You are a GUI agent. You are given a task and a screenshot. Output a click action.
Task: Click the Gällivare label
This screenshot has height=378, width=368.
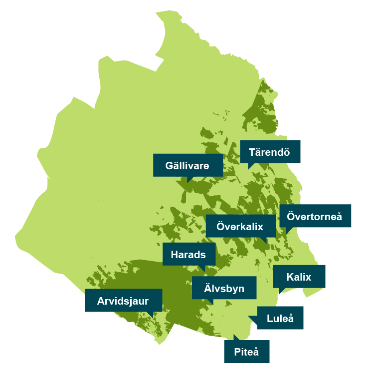tap(187, 165)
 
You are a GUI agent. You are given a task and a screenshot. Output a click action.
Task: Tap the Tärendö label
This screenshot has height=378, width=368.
tap(270, 151)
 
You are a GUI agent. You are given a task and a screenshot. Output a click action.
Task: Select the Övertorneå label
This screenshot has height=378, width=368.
tap(315, 216)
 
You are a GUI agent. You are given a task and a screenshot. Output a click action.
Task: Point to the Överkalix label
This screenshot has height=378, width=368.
tap(240, 226)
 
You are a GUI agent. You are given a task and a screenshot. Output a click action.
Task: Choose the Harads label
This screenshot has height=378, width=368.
tap(188, 254)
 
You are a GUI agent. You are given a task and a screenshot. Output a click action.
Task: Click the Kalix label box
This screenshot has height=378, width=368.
tap(299, 277)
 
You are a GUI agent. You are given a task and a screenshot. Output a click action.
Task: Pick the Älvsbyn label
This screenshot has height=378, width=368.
tap(224, 288)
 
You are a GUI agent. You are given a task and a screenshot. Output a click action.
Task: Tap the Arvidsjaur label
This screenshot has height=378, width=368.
tap(123, 300)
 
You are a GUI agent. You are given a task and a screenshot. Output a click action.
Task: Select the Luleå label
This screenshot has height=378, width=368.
tap(280, 318)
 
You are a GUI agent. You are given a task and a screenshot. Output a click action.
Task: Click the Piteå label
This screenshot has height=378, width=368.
tap(247, 352)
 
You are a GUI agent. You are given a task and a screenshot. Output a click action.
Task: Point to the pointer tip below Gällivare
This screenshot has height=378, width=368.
tap(187, 182)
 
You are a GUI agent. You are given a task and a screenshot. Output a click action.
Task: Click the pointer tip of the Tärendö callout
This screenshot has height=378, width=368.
tap(248, 169)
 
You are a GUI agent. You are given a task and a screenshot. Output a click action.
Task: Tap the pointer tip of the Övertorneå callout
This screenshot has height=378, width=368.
tap(287, 233)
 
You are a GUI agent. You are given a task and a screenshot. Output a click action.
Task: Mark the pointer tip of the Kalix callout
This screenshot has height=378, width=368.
tap(279, 294)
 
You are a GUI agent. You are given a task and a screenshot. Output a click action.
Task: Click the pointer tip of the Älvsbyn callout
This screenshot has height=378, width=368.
tap(212, 305)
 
